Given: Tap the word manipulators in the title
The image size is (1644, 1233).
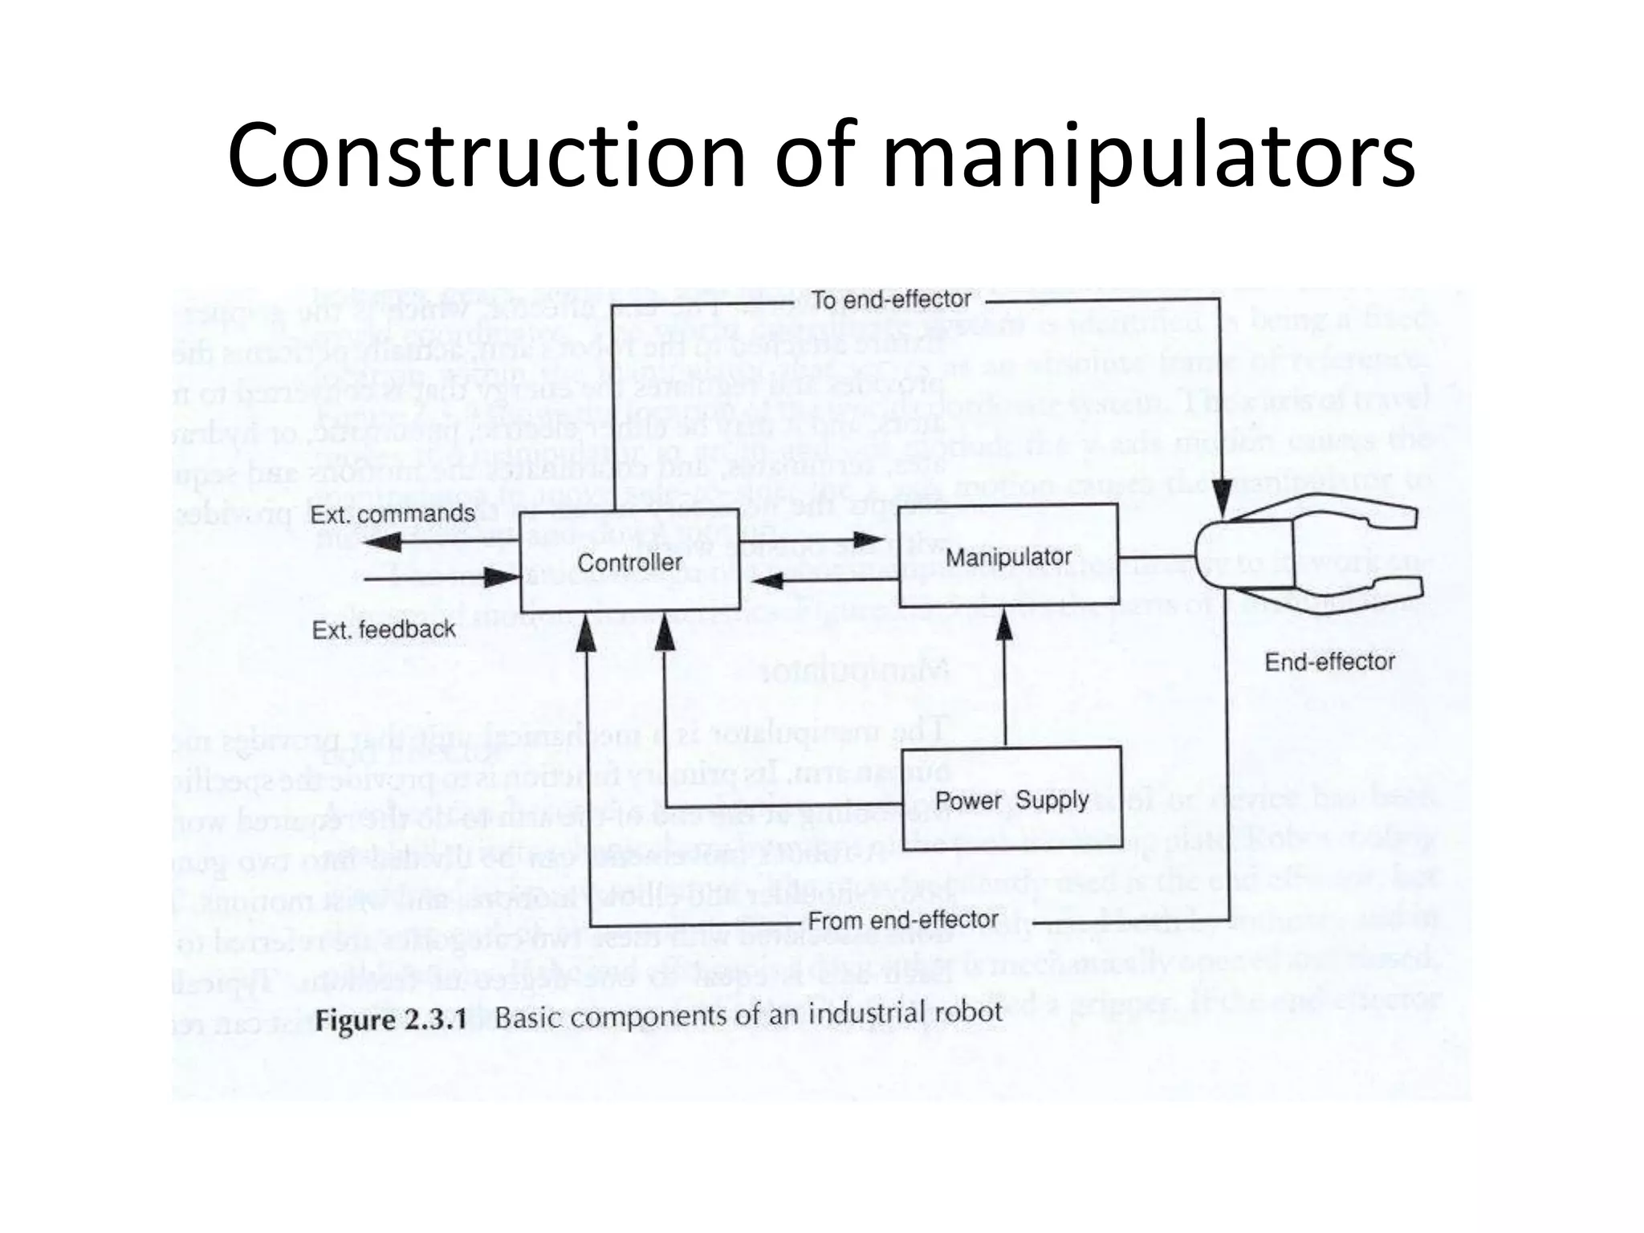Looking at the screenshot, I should (x=1149, y=157).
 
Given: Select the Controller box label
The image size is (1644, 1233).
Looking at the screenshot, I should (x=629, y=563).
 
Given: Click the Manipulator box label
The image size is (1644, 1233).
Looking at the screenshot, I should (x=1008, y=557).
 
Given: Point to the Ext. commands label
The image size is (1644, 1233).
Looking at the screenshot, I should (x=393, y=515).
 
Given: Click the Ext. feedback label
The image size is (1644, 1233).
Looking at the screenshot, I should (x=384, y=630).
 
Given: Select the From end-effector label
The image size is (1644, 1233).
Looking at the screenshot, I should (x=903, y=920).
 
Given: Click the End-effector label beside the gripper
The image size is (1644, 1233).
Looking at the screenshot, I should (x=1329, y=661).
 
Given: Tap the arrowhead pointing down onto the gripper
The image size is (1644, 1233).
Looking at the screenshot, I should (x=1221, y=498).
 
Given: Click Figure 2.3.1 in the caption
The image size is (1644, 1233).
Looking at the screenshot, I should (x=391, y=1020).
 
